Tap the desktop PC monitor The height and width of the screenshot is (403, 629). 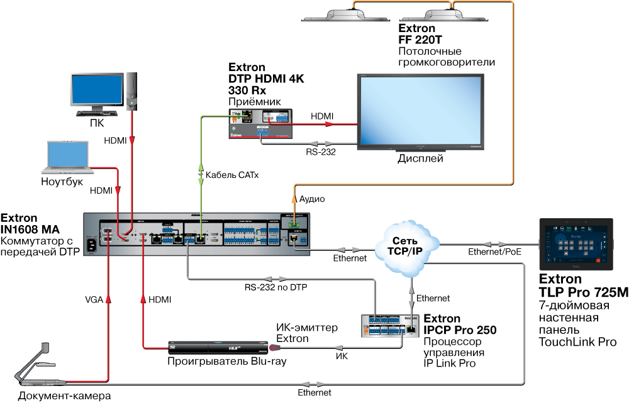(97, 92)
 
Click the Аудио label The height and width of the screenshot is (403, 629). (311, 199)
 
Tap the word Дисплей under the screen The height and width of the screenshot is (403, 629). (420, 158)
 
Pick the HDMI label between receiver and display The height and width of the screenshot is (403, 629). (322, 116)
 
